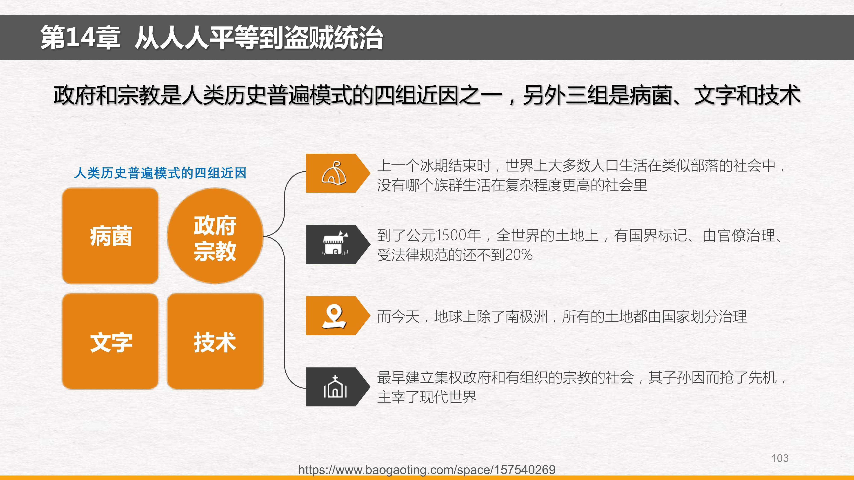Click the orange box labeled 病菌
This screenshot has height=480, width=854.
(110, 236)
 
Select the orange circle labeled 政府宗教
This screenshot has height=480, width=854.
(215, 236)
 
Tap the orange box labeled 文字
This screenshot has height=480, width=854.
(110, 341)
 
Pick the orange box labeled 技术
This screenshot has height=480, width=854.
(215, 341)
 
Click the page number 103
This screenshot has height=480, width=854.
(780, 458)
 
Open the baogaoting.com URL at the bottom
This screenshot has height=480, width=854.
(427, 469)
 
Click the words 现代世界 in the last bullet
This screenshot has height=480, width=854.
(448, 396)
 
